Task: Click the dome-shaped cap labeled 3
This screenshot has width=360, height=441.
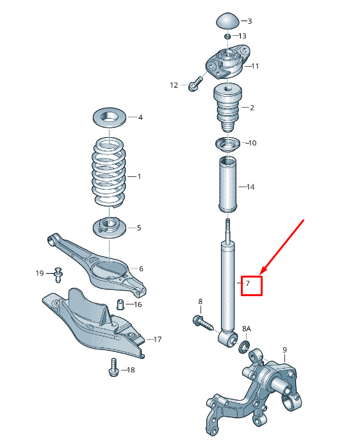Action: click(x=227, y=21)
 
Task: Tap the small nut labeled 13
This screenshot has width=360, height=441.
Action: click(x=227, y=37)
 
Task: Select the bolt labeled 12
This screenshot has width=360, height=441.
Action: click(x=195, y=84)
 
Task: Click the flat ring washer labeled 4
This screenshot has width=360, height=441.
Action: click(x=109, y=117)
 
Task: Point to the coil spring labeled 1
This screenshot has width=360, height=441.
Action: click(x=109, y=172)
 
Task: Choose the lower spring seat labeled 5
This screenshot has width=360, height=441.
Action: click(x=109, y=228)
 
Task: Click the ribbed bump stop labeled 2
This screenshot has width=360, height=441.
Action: click(x=228, y=108)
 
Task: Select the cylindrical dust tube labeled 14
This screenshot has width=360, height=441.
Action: click(x=227, y=185)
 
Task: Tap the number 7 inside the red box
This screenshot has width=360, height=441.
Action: click(x=248, y=283)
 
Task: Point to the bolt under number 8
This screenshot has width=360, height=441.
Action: click(x=203, y=323)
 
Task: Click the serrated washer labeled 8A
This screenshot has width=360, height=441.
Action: click(x=243, y=347)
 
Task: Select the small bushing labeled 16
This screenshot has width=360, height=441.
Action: click(x=120, y=304)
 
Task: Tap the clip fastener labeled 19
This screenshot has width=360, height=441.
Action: click(x=58, y=275)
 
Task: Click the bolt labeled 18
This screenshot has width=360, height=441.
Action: click(x=113, y=367)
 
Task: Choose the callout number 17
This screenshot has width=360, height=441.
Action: click(x=158, y=340)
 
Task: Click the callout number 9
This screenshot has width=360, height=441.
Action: click(x=284, y=350)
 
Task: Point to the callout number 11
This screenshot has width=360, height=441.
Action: click(x=255, y=66)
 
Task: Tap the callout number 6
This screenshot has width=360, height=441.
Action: click(x=141, y=269)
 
